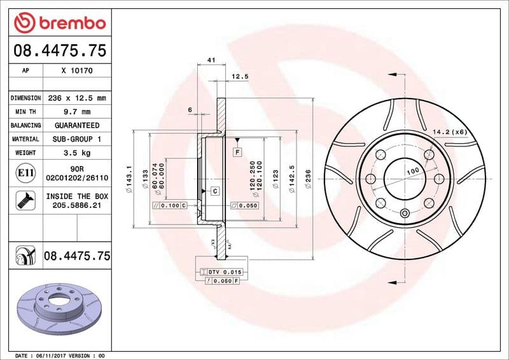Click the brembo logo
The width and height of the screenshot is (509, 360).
[59, 23]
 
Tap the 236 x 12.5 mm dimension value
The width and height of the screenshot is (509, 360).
[77, 98]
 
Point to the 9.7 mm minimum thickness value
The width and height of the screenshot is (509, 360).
[77, 112]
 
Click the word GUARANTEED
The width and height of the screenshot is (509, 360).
[77, 125]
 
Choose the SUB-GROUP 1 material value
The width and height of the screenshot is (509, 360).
[77, 139]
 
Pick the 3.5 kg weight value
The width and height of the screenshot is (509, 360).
[77, 153]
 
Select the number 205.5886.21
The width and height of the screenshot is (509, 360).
[77, 207]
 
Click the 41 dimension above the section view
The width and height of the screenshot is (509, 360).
[211, 60]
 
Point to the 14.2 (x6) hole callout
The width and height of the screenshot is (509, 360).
[450, 132]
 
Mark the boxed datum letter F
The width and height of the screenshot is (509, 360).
[237, 153]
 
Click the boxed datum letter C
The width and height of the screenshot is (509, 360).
[214, 191]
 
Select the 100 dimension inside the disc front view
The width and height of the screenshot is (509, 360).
[413, 171]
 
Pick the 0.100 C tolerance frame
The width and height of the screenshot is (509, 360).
[170, 206]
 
